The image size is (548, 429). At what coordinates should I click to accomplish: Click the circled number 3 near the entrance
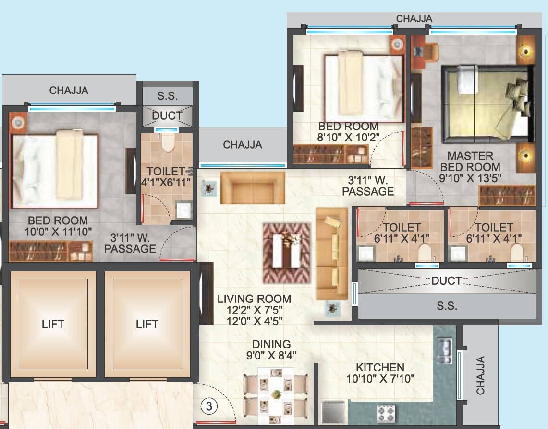(x=208, y=406)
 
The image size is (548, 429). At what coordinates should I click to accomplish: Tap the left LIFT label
(x=53, y=325)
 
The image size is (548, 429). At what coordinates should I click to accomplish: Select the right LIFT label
(x=147, y=325)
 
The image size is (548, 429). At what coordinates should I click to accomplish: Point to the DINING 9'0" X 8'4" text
(x=272, y=350)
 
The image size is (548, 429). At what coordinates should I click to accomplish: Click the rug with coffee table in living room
(x=287, y=253)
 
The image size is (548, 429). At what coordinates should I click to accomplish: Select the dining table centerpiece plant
(x=276, y=394)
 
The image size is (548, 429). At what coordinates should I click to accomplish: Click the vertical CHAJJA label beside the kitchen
(x=480, y=375)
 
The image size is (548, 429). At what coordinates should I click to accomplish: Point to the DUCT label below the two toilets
(x=446, y=281)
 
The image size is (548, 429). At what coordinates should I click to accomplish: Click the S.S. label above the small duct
(x=167, y=96)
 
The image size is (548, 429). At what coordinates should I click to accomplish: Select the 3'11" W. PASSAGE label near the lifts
(x=130, y=243)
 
